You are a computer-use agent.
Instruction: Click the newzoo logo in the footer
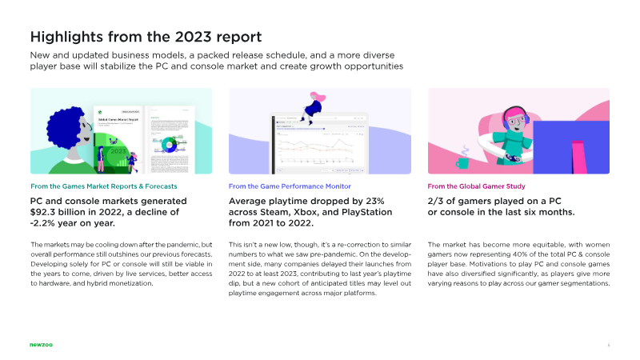tap(41, 346)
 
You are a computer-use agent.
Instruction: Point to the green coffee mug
tap(462, 162)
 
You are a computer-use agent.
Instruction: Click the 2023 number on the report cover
tap(118, 150)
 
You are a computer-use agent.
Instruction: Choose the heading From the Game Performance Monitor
tap(289, 186)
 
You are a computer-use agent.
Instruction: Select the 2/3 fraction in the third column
tap(438, 200)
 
